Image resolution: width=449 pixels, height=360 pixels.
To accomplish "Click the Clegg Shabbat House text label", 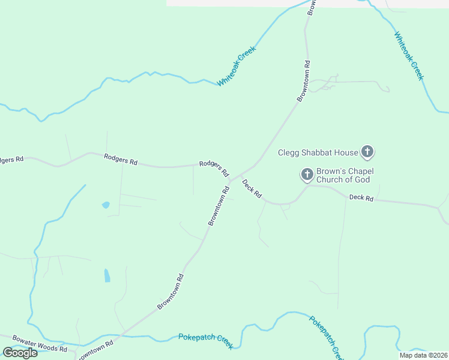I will (x=318, y=152).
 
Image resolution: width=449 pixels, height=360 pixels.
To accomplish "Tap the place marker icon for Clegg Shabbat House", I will (x=367, y=151).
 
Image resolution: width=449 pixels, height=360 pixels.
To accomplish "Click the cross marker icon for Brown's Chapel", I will (x=307, y=175).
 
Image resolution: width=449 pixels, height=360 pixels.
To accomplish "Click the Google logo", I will (x=20, y=353).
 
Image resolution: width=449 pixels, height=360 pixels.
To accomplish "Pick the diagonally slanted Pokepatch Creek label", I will (x=327, y=335).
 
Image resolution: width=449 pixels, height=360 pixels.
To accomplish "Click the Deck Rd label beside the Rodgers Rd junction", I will (x=252, y=188).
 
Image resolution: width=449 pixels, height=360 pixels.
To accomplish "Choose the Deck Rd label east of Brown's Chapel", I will (x=361, y=197).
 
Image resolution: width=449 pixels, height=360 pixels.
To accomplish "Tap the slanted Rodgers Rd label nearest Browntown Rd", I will (x=214, y=169).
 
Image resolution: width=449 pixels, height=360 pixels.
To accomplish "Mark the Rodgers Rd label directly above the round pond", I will (x=121, y=160).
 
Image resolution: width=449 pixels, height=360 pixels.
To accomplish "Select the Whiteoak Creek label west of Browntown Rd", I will (x=237, y=66).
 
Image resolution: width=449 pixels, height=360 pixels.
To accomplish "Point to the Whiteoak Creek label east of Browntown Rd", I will (x=409, y=56).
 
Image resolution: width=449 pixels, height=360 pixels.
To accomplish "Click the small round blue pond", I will (x=106, y=205).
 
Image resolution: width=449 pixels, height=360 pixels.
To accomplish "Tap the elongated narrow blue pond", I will (x=107, y=275).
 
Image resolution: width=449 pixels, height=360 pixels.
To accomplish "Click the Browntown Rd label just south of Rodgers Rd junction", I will (x=219, y=206).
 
